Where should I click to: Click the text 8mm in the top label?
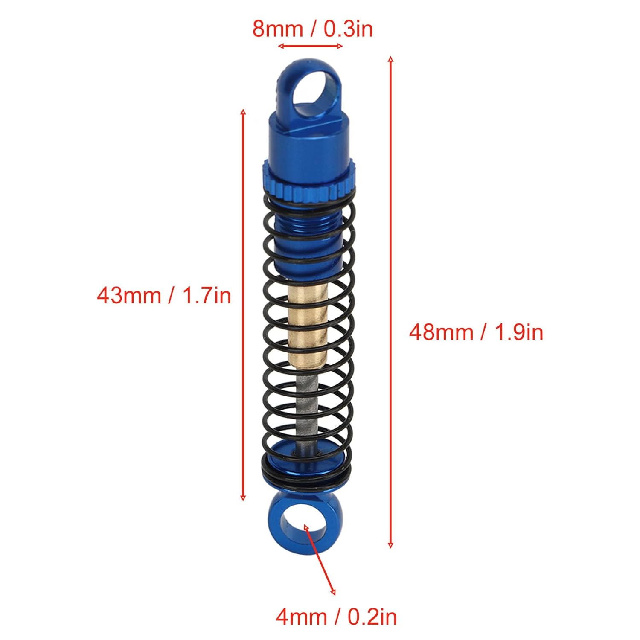278,29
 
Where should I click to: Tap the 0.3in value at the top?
348,29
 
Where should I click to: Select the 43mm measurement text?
128,295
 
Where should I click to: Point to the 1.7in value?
207,295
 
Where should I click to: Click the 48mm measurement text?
441,332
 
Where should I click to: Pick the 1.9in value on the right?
519,332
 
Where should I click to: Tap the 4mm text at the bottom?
302,617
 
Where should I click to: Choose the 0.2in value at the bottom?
372,617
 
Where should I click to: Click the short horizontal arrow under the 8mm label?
310,46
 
